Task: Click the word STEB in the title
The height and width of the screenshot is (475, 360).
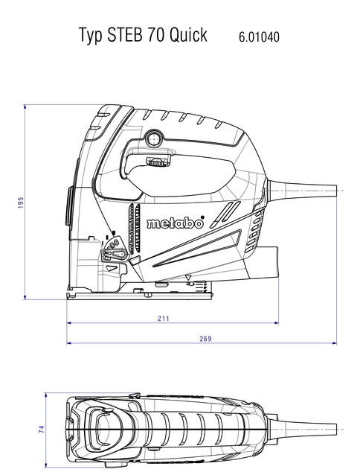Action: tap(125, 34)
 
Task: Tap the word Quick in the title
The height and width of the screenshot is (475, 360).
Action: tap(188, 34)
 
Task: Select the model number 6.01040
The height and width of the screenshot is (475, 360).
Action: tap(259, 37)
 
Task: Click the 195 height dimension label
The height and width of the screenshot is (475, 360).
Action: tap(21, 203)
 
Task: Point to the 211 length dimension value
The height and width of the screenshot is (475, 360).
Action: tap(164, 319)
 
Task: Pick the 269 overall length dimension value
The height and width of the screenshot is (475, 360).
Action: tap(205, 338)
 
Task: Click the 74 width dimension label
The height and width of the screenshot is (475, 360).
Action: tap(42, 429)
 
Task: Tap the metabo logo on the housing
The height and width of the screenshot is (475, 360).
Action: tap(175, 223)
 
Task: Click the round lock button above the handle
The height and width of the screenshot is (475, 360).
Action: tap(154, 139)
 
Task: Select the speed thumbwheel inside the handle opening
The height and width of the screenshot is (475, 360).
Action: tap(157, 162)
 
